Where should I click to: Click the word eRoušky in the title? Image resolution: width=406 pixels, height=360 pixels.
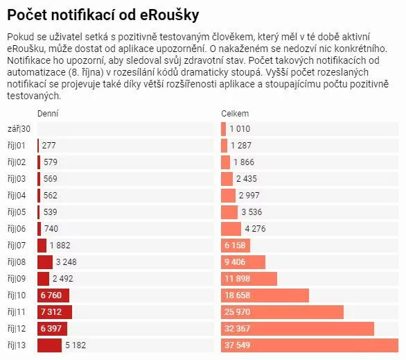(x=170, y=15)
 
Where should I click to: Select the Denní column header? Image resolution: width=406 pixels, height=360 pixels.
(x=48, y=114)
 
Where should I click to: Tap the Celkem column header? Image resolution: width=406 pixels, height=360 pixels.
(x=235, y=114)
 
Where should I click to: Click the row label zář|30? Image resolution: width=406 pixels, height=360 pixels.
(x=19, y=129)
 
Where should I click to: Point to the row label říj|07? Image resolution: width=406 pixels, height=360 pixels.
(x=17, y=245)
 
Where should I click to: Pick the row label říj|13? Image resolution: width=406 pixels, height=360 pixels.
(x=17, y=345)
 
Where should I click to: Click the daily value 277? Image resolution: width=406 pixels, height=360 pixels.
(x=49, y=146)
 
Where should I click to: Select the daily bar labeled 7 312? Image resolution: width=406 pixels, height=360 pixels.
(x=55, y=312)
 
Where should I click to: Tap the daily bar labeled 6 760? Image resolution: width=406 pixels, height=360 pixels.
(x=53, y=295)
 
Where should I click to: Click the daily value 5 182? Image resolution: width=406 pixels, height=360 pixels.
(x=76, y=345)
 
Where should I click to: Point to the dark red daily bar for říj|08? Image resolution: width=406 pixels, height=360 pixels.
(x=45, y=262)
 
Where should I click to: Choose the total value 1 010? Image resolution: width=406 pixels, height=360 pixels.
(x=240, y=129)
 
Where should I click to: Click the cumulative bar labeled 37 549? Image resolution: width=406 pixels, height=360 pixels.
(x=310, y=345)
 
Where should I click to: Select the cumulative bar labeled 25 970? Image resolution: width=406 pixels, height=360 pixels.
(x=282, y=312)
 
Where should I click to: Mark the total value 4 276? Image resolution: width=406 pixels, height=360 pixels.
(x=255, y=229)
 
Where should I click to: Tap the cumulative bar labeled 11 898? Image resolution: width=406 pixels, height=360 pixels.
(x=249, y=279)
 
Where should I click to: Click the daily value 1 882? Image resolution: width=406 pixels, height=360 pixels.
(x=60, y=245)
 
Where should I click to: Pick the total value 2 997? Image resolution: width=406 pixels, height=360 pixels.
(x=249, y=196)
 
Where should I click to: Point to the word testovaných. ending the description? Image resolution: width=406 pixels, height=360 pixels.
(x=34, y=96)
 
